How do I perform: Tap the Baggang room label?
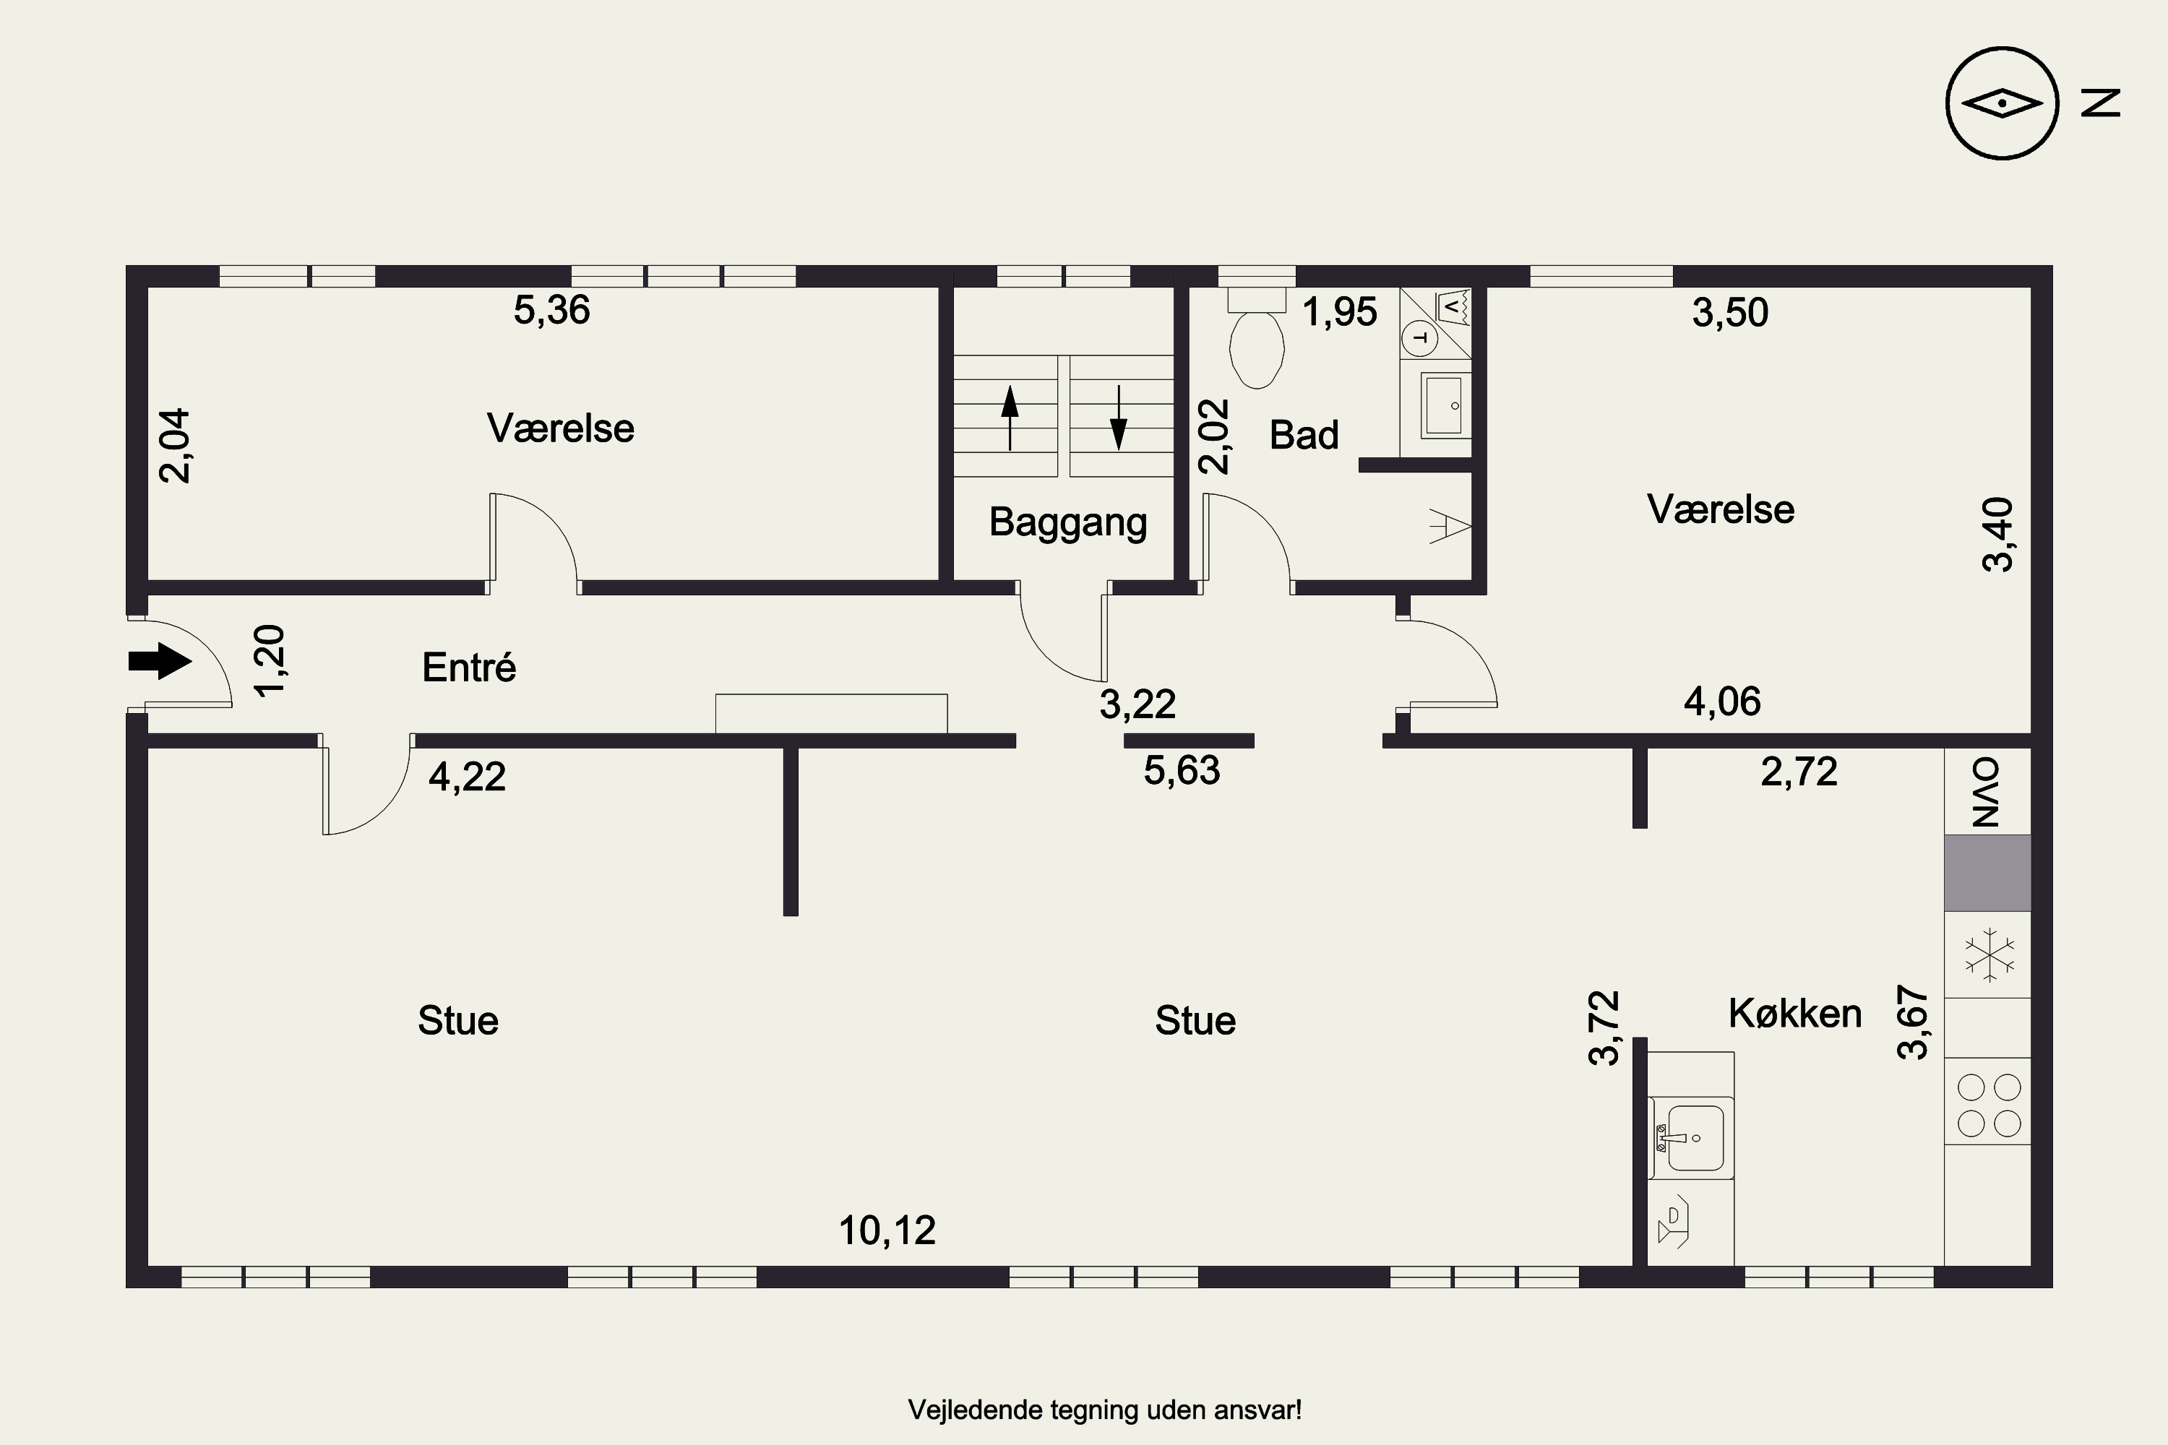tap(1067, 522)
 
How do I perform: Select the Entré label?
tap(469, 667)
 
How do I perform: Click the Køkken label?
tap(1794, 1013)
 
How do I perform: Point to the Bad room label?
tap(1304, 435)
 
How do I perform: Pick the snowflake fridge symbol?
tap(1990, 954)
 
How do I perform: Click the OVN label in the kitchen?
tap(1987, 793)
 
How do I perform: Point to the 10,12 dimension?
tap(887, 1230)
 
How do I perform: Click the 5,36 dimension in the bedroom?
tap(551, 311)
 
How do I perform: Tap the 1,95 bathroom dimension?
tap(1339, 312)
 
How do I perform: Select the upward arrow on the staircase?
tap(1010, 418)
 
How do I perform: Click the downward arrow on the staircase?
tap(1118, 418)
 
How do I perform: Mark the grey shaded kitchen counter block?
tap(1988, 873)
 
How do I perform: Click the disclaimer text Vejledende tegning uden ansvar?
tap(1105, 1410)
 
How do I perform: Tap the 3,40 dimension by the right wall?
tap(1998, 535)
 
